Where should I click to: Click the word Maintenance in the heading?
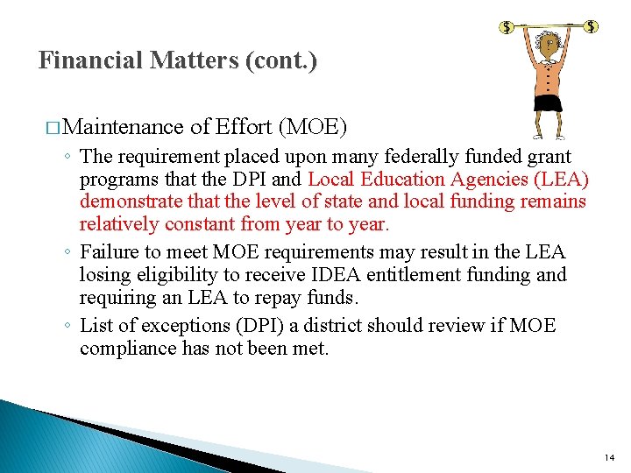[x=124, y=128]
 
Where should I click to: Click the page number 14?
[x=610, y=458]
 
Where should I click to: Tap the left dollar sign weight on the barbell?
[x=507, y=27]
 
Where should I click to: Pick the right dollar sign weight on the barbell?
[x=592, y=26]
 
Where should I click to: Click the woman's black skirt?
[x=549, y=102]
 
